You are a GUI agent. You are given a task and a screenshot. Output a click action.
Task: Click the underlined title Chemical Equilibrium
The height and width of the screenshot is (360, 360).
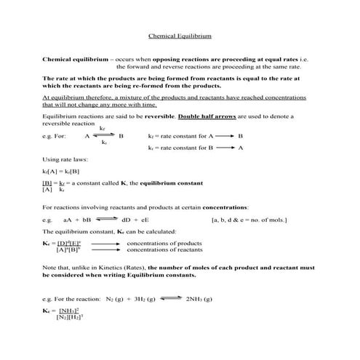point(180,34)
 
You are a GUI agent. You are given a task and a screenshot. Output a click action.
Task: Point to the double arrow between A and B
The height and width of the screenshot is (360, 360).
point(104,136)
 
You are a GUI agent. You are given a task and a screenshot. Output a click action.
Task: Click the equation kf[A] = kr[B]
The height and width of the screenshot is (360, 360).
point(64,170)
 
